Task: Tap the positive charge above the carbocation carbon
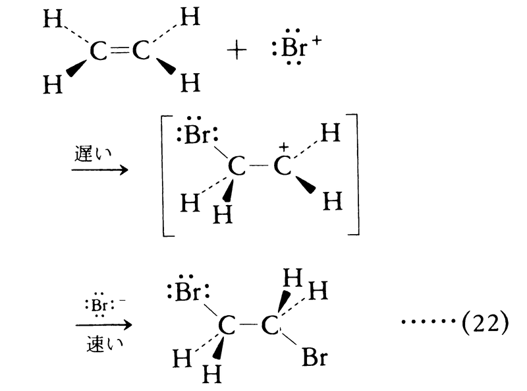click(x=284, y=146)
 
